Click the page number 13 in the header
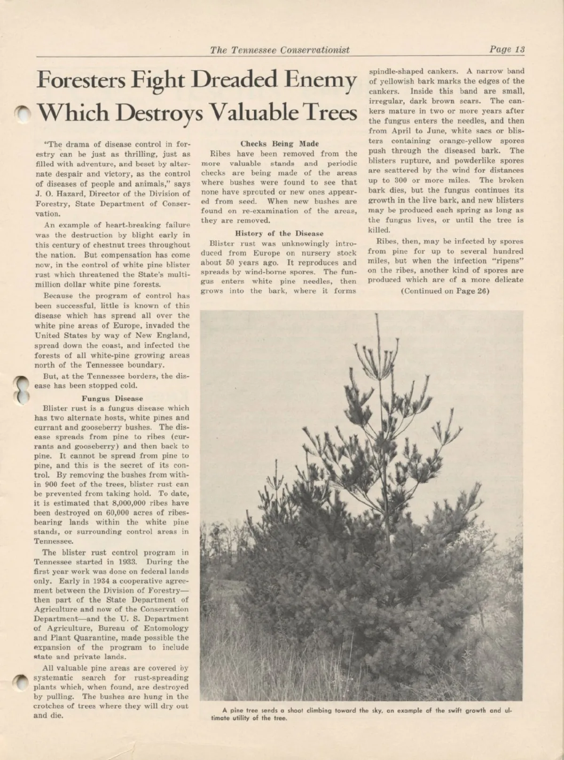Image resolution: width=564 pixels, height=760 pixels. (x=519, y=50)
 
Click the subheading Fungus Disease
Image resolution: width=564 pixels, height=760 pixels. (x=112, y=398)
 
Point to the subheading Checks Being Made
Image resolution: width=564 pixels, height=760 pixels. (x=279, y=144)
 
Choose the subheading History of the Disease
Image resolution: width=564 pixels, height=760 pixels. (x=279, y=233)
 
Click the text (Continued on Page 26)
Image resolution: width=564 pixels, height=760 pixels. (x=445, y=291)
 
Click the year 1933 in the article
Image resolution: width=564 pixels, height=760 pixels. (x=126, y=562)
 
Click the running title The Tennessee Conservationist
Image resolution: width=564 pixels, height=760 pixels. (x=280, y=50)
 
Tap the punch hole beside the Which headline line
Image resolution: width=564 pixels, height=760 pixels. (x=21, y=113)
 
